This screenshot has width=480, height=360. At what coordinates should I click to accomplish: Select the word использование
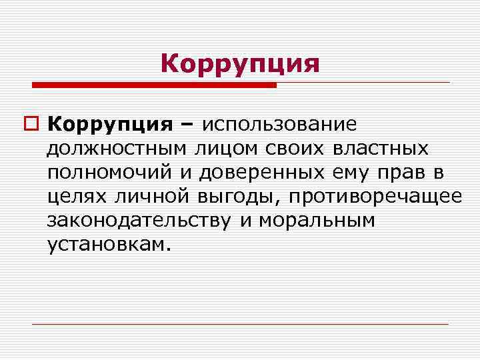click(x=279, y=125)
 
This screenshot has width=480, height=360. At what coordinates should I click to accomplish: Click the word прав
click(x=401, y=173)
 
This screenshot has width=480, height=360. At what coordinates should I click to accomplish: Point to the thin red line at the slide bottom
click(x=240, y=324)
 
